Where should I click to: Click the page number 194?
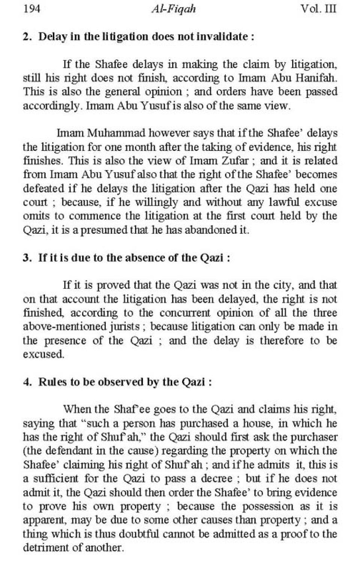tap(31, 9)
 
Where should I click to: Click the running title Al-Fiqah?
tap(174, 9)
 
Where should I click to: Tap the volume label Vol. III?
tap(319, 9)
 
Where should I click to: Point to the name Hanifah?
tap(318, 78)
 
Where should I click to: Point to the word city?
tap(280, 285)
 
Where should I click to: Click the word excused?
tap(43, 354)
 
